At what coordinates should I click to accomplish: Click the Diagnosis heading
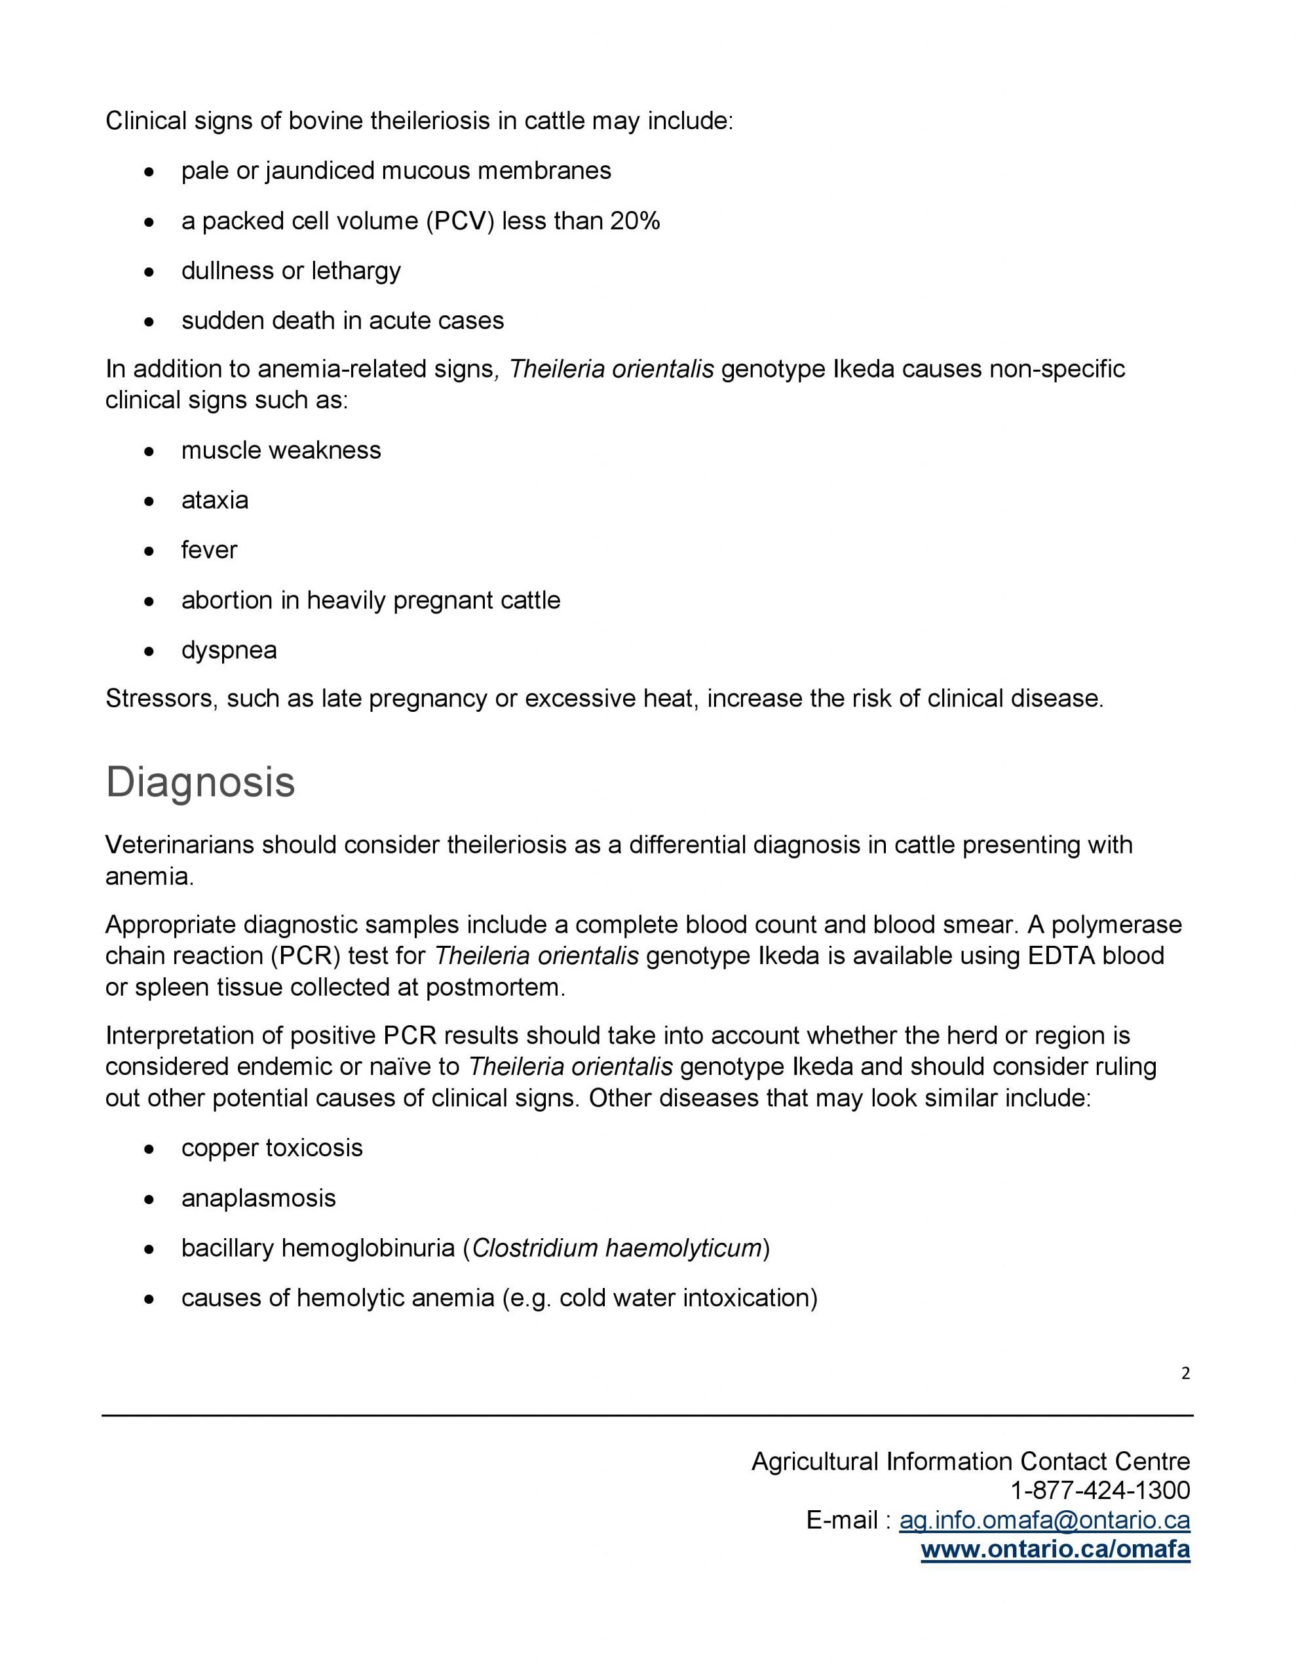point(200,782)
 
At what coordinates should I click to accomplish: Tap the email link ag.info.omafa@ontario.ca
point(1044,1520)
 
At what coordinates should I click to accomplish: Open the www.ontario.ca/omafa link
point(1055,1550)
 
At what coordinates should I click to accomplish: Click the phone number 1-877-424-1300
point(1099,1490)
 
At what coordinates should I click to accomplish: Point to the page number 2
point(1185,1374)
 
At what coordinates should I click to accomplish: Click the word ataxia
point(214,500)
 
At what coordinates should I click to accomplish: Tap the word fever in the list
point(209,550)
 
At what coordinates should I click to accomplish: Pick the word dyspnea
point(229,650)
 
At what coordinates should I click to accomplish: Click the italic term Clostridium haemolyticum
point(616,1248)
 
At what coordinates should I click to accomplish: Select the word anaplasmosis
point(258,1198)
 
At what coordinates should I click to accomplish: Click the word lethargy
point(356,271)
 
